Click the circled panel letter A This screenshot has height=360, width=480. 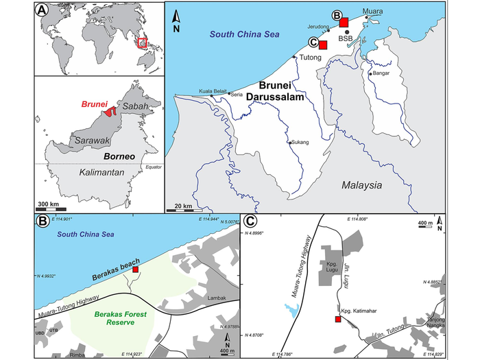point(44,11)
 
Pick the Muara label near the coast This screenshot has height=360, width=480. point(372,12)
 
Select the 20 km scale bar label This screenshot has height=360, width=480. point(182,206)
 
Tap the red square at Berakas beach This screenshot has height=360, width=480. point(136,270)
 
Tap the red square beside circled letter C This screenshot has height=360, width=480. point(323,45)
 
